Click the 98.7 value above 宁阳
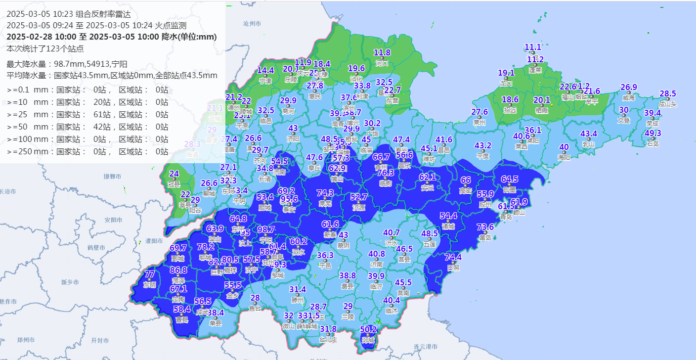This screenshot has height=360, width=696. click(266, 229)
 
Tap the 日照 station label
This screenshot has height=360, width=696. click(453, 268)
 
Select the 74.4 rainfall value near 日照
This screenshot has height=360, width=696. click(453, 257)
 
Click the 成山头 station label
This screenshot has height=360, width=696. click(667, 104)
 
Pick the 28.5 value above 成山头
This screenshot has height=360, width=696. click(667, 94)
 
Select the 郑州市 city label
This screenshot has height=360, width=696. click(25, 340)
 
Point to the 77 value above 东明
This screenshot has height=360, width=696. click(150, 274)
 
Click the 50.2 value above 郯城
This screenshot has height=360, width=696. click(368, 329)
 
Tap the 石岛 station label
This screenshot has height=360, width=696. click(653, 144)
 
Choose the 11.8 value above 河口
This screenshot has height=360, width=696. click(382, 52)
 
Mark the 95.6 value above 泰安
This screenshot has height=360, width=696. click(289, 199)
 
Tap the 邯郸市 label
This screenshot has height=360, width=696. click(112, 177)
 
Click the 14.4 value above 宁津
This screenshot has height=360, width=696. click(265, 70)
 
